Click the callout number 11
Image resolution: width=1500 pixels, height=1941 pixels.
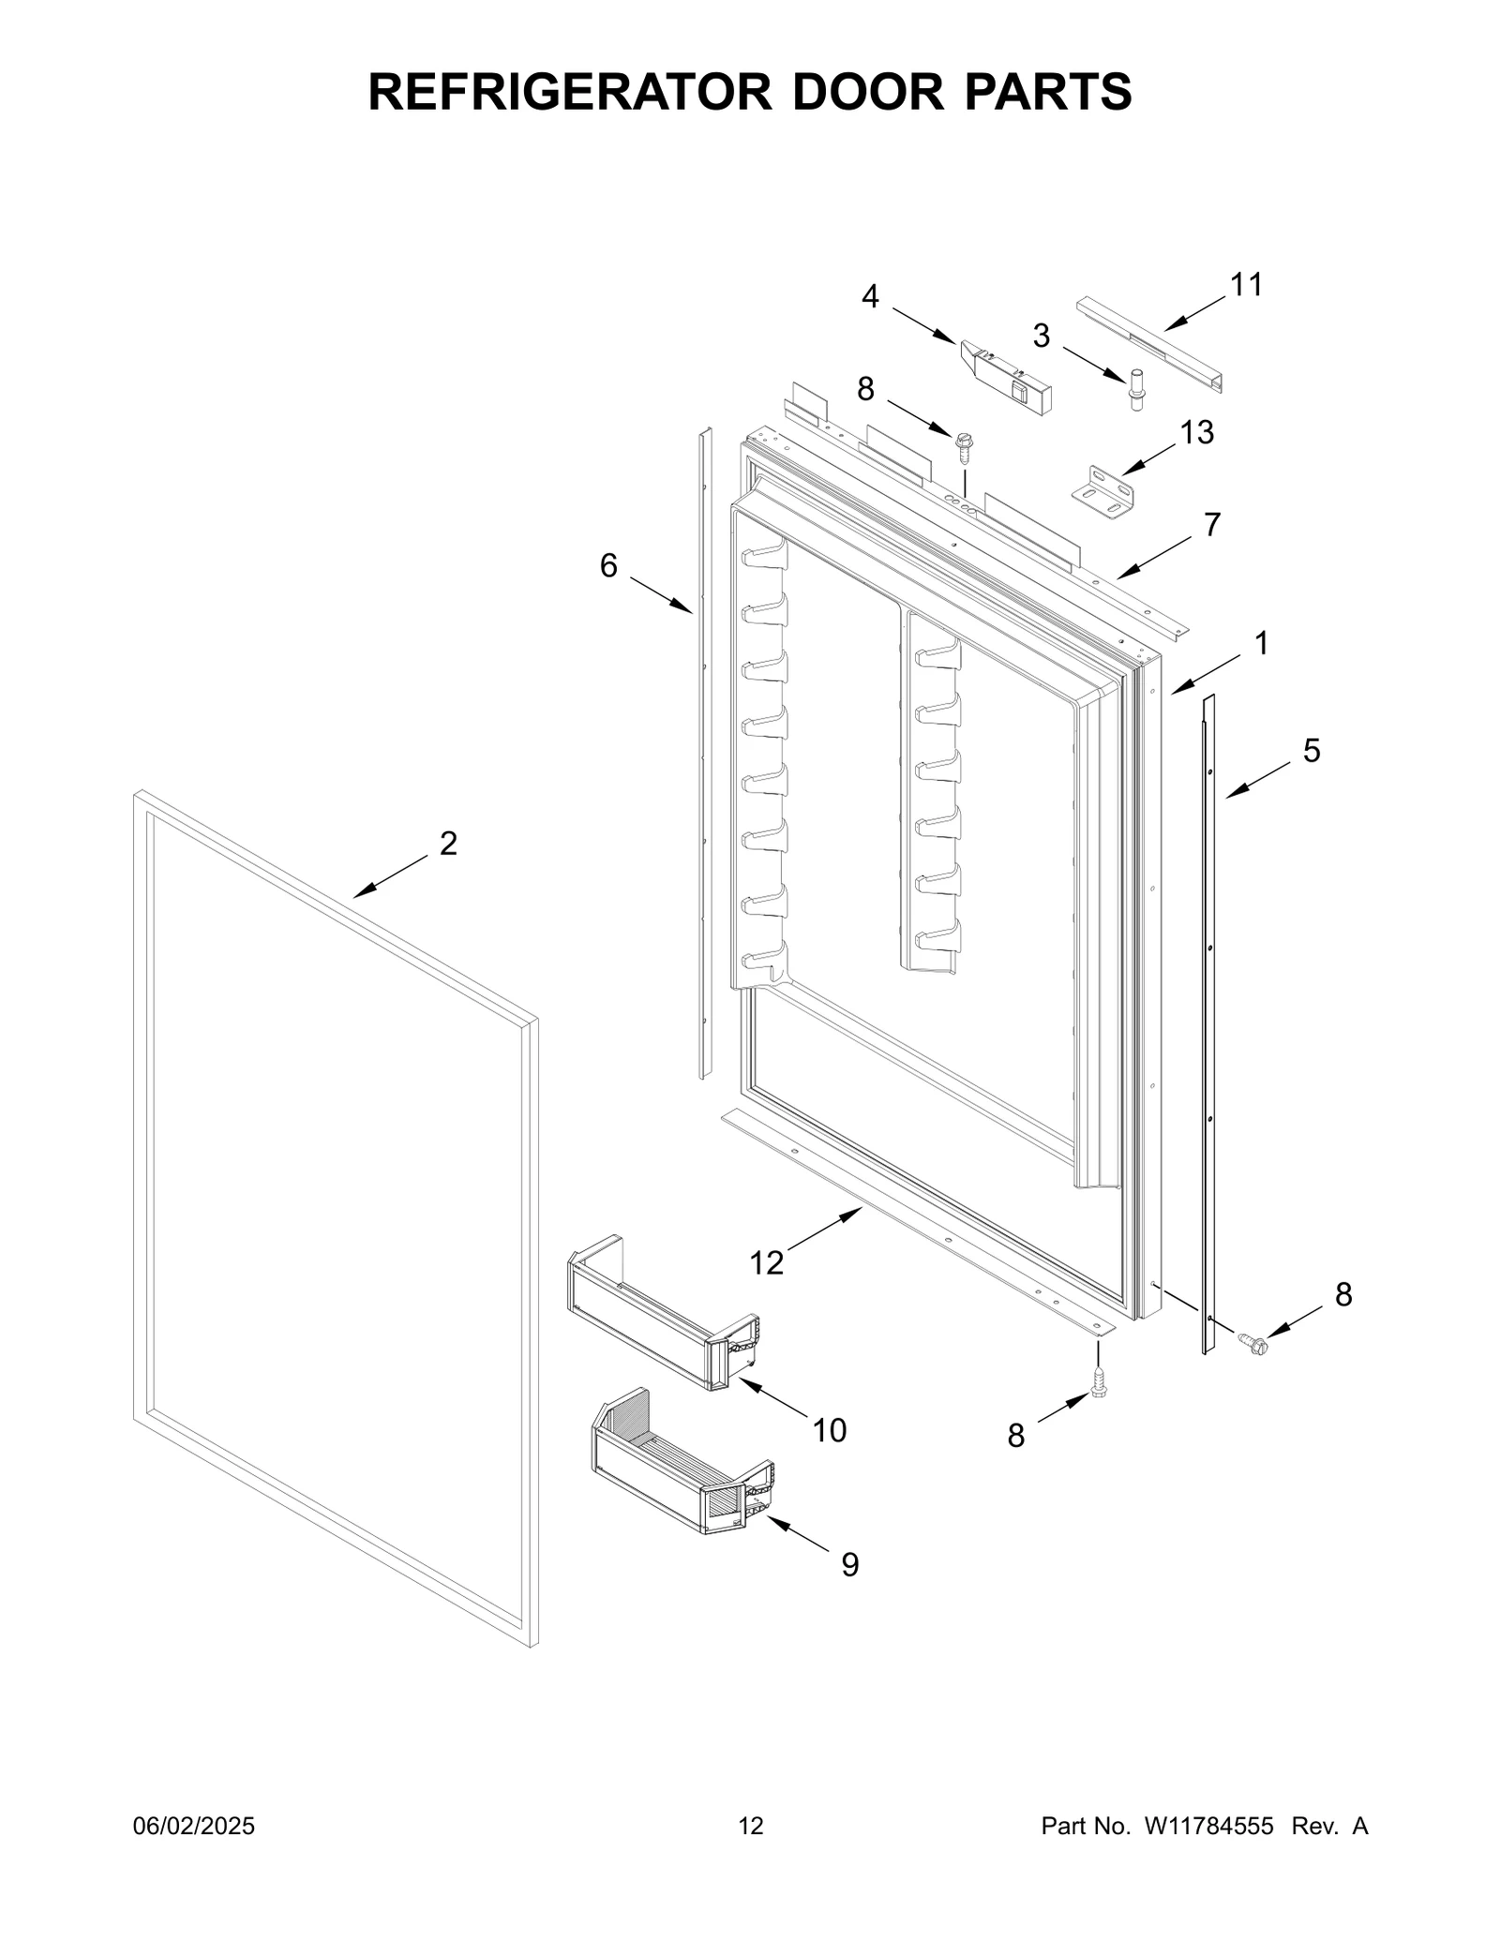(x=1246, y=284)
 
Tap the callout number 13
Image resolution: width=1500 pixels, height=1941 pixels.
(x=1196, y=432)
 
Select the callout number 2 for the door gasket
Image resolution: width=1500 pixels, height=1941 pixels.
(x=448, y=844)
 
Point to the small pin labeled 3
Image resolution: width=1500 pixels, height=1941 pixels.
(x=1137, y=390)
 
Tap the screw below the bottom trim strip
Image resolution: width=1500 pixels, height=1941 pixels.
(x=1099, y=1402)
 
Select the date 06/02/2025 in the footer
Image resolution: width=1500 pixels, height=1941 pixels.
(x=193, y=1826)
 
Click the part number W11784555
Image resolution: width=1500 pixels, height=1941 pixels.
(x=1207, y=1826)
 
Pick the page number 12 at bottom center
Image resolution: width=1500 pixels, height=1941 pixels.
(x=751, y=1826)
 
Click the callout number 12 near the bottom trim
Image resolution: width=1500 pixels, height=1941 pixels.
(x=766, y=1263)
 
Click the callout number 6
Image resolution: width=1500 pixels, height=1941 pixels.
(x=608, y=565)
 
